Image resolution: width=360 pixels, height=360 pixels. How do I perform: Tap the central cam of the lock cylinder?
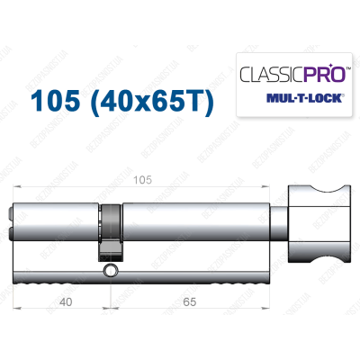[x=110, y=229]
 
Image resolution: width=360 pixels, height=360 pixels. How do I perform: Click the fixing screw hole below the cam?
[x=110, y=270]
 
